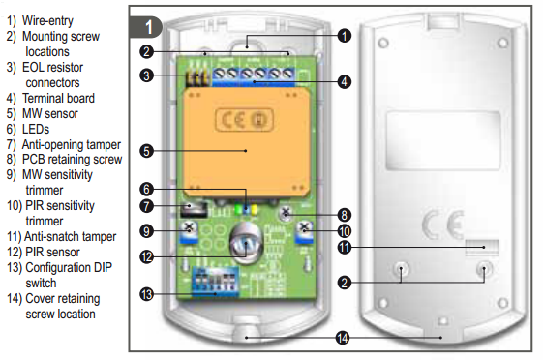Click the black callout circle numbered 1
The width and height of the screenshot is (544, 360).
(x=345, y=36)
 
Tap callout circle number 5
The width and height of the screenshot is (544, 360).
(x=146, y=151)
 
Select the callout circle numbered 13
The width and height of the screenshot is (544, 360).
(x=146, y=294)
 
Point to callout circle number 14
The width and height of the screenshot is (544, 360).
(x=343, y=338)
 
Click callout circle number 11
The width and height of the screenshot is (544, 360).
(x=345, y=248)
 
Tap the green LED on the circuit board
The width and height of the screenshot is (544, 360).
(x=238, y=209)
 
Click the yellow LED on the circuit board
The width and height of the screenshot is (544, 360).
(x=254, y=209)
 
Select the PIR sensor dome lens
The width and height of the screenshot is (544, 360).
(x=246, y=244)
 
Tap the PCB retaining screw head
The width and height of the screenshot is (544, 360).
(x=286, y=213)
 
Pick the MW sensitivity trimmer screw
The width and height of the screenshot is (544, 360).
(x=189, y=227)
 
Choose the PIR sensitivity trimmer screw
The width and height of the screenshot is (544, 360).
(x=304, y=227)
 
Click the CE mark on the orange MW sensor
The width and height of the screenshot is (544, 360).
(x=245, y=120)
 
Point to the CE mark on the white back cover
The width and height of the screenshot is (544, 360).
(x=443, y=225)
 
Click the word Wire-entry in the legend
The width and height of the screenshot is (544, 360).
(x=47, y=21)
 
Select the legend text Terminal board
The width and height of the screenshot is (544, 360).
(x=58, y=98)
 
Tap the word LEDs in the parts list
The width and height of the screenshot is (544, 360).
(x=36, y=130)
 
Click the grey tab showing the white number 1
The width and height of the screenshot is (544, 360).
(x=146, y=27)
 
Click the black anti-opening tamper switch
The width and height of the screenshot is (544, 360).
(x=194, y=210)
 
